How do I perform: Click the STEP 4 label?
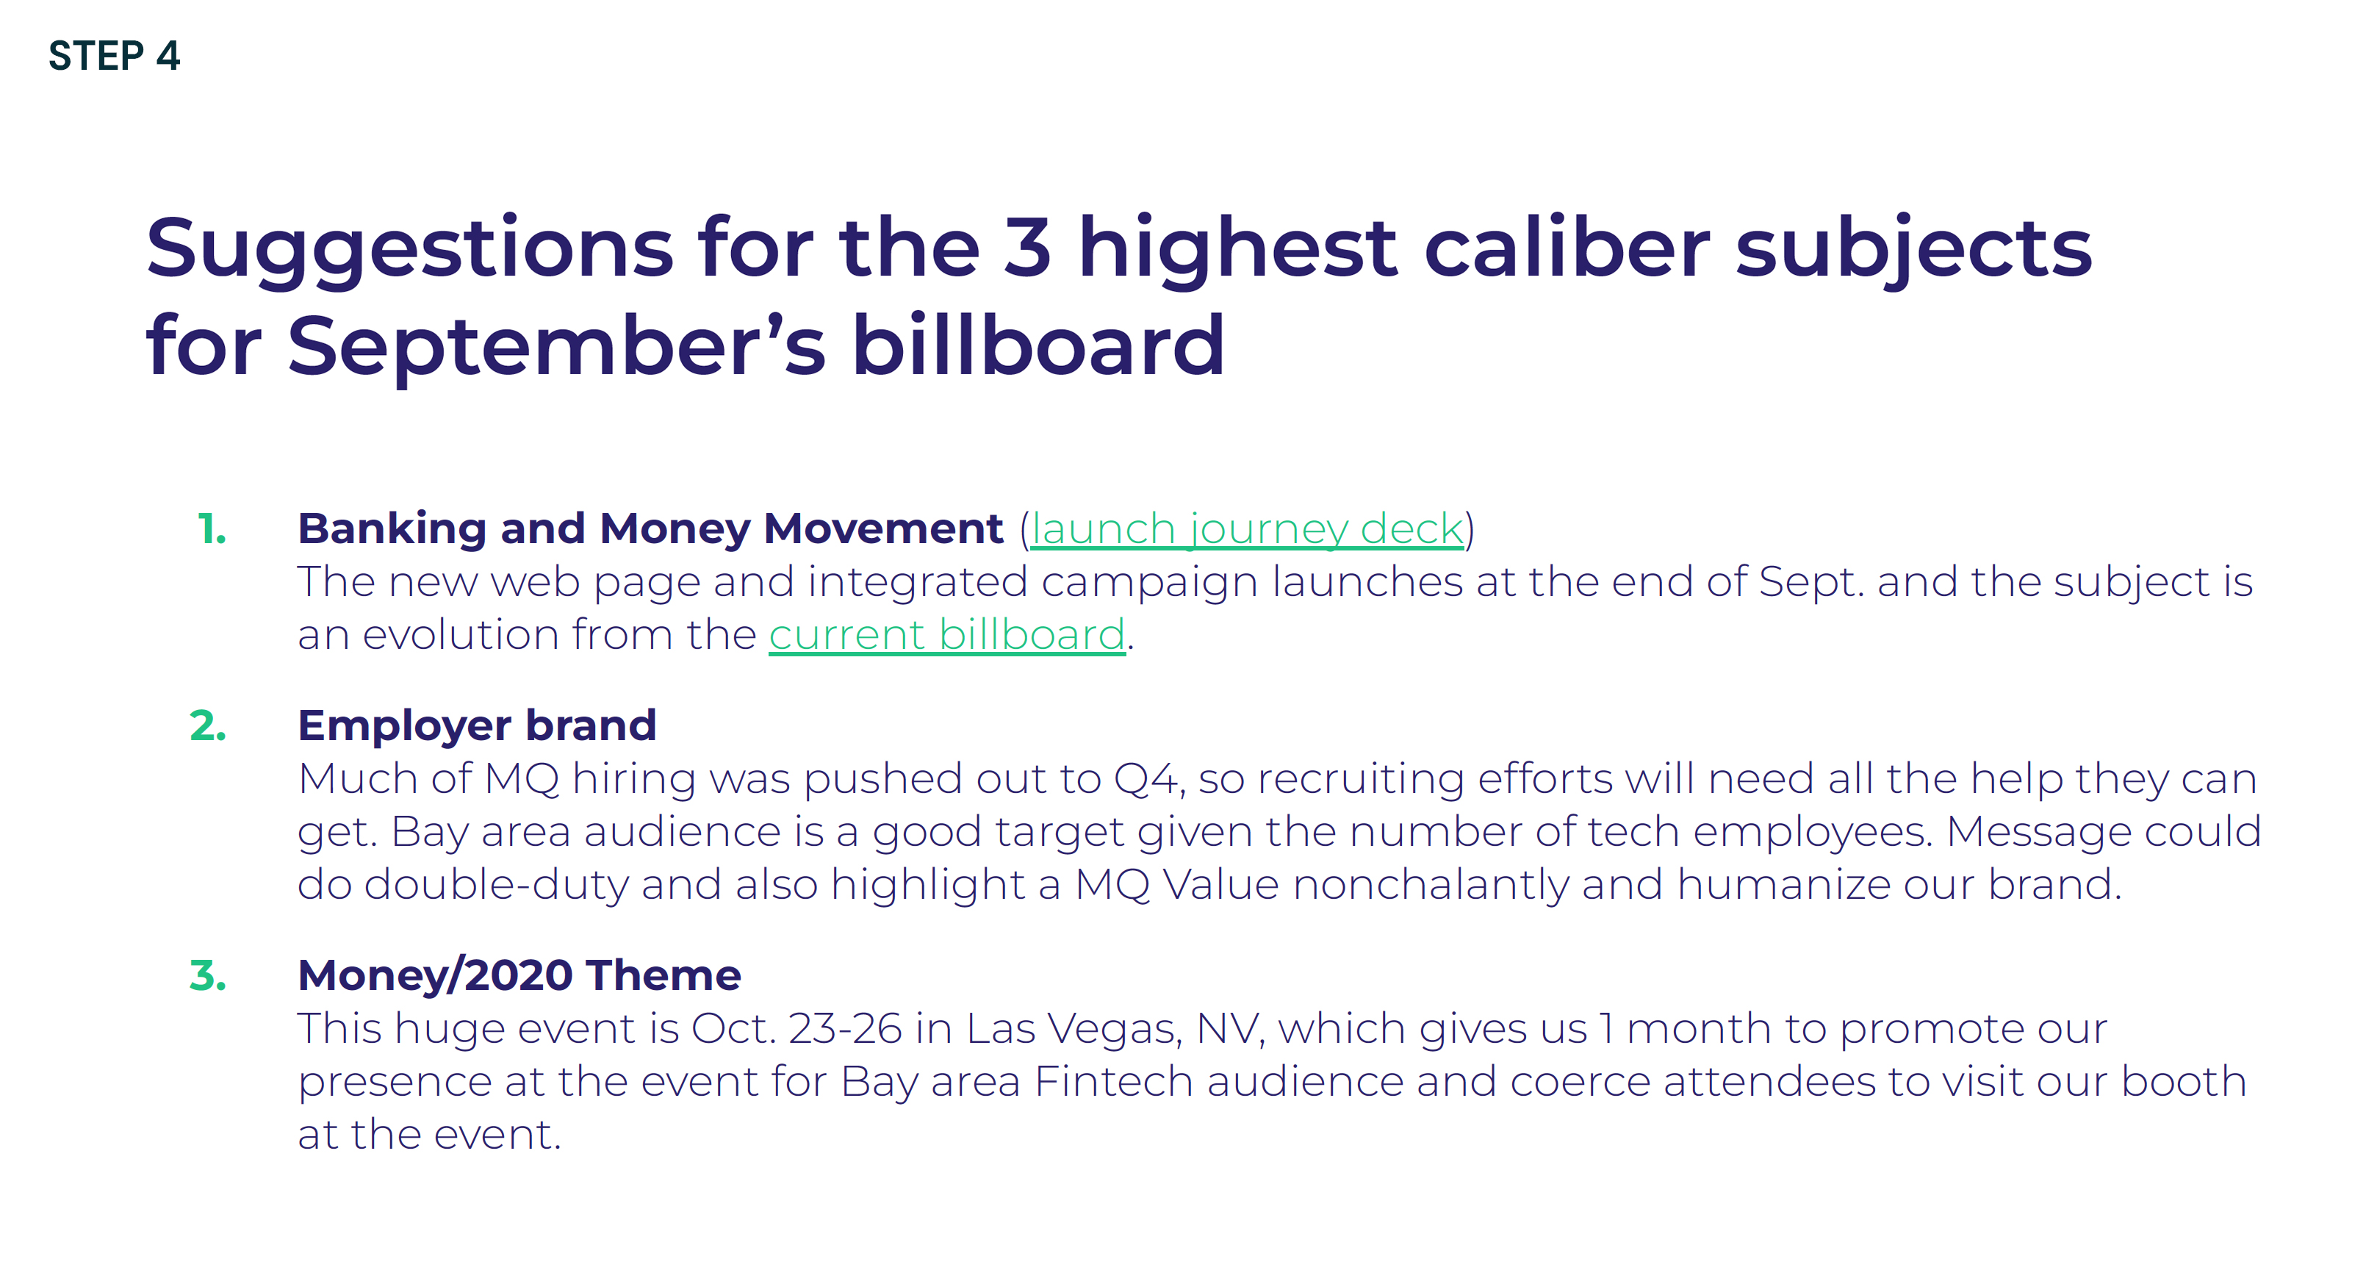click(115, 55)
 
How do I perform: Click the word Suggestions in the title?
click(410, 250)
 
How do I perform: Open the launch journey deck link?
click(1247, 530)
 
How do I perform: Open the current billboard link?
click(946, 635)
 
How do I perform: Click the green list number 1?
click(212, 530)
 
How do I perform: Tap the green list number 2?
click(208, 726)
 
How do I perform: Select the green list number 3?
click(208, 975)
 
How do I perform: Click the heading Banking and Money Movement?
click(650, 530)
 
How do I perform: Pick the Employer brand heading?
click(477, 726)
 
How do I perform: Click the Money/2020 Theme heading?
click(519, 975)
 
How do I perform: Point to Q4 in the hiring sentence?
click(1147, 780)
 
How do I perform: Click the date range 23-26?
click(845, 1029)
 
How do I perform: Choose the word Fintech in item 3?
click(1115, 1082)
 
